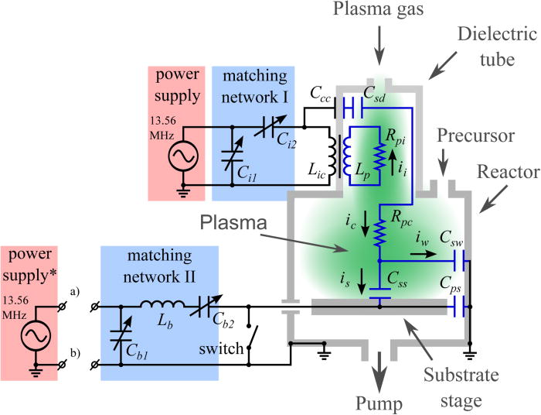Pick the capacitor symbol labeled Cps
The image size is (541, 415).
pyautogui.click(x=459, y=308)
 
